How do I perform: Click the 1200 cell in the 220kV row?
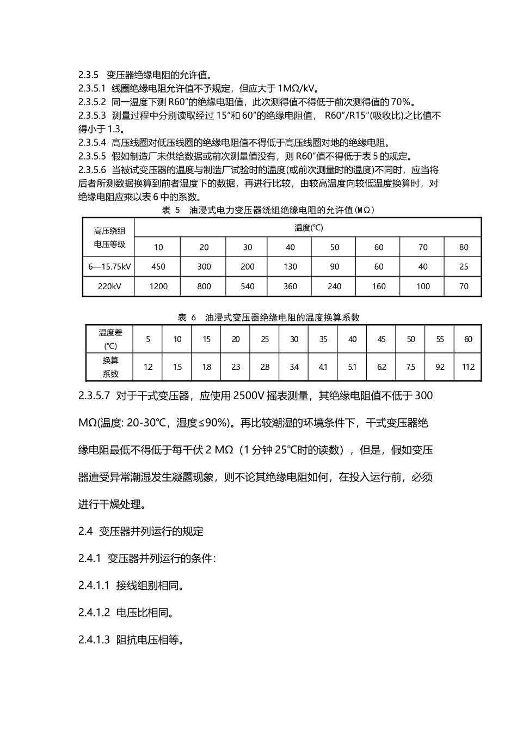[x=158, y=286]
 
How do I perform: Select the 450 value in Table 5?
[x=158, y=267]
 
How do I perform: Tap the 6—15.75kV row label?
[x=109, y=267]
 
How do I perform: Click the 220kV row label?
[x=109, y=286]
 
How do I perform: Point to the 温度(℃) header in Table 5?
[x=309, y=228]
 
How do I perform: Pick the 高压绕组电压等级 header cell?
[x=109, y=237]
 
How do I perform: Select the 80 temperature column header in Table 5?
[x=464, y=247]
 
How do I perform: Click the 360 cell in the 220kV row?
[x=290, y=286]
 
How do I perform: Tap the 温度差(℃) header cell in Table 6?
[x=110, y=339]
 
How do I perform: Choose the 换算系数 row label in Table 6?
[x=110, y=367]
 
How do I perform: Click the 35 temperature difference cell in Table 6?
[x=323, y=339]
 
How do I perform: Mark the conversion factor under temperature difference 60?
[x=468, y=367]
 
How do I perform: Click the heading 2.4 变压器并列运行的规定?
[x=141, y=532]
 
